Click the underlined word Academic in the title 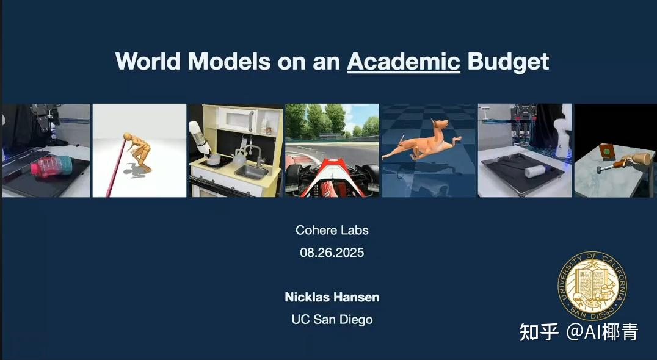point(404,62)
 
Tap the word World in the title point(148,61)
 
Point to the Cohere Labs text point(332,230)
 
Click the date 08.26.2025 point(332,253)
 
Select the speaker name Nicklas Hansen point(332,297)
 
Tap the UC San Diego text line point(332,320)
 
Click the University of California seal point(592,286)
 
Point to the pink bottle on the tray point(51,166)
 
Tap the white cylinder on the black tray point(535,170)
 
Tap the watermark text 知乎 point(539,332)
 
